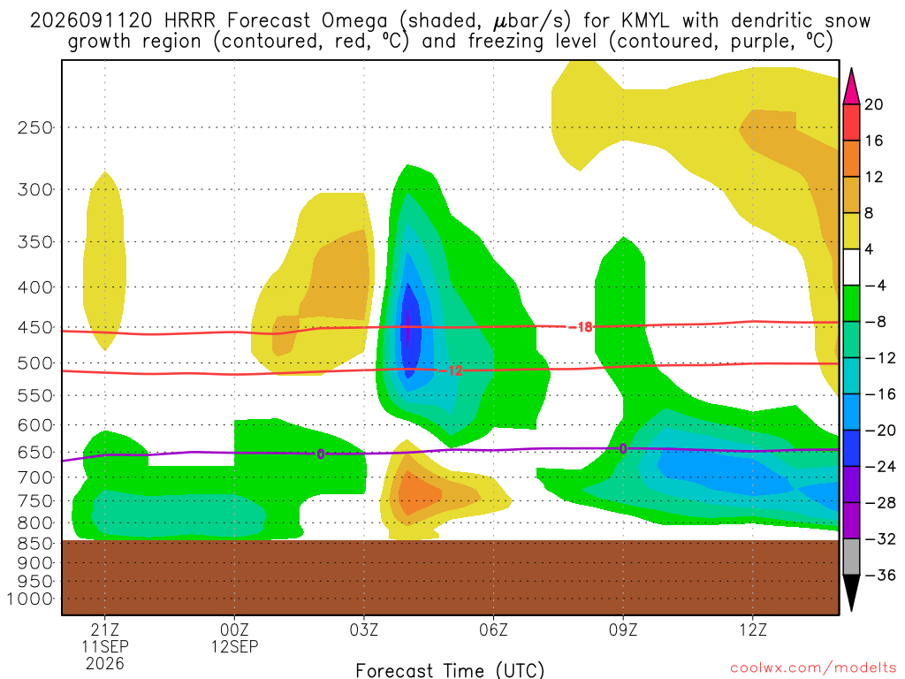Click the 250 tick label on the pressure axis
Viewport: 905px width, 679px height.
[34, 127]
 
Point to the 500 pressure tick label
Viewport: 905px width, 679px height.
[34, 363]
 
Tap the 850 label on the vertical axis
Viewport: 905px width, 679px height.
[34, 544]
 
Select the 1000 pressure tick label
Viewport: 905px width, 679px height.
[29, 599]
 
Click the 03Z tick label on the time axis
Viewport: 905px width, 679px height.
[363, 629]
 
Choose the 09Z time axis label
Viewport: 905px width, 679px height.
[623, 629]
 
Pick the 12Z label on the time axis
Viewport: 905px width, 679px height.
[753, 629]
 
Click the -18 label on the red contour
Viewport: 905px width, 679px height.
[581, 327]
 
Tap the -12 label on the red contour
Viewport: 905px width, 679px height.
[451, 370]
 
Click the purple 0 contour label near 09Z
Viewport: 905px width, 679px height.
[623, 448]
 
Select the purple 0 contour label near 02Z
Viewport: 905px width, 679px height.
[320, 454]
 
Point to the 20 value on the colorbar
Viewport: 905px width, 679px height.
[874, 104]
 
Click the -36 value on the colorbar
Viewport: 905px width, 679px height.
[879, 575]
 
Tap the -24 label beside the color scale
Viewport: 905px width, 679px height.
[879, 467]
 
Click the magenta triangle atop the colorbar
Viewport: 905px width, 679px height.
[851, 86]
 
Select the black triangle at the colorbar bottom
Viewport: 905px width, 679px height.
[851, 592]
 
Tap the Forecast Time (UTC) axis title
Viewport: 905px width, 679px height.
[450, 670]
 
